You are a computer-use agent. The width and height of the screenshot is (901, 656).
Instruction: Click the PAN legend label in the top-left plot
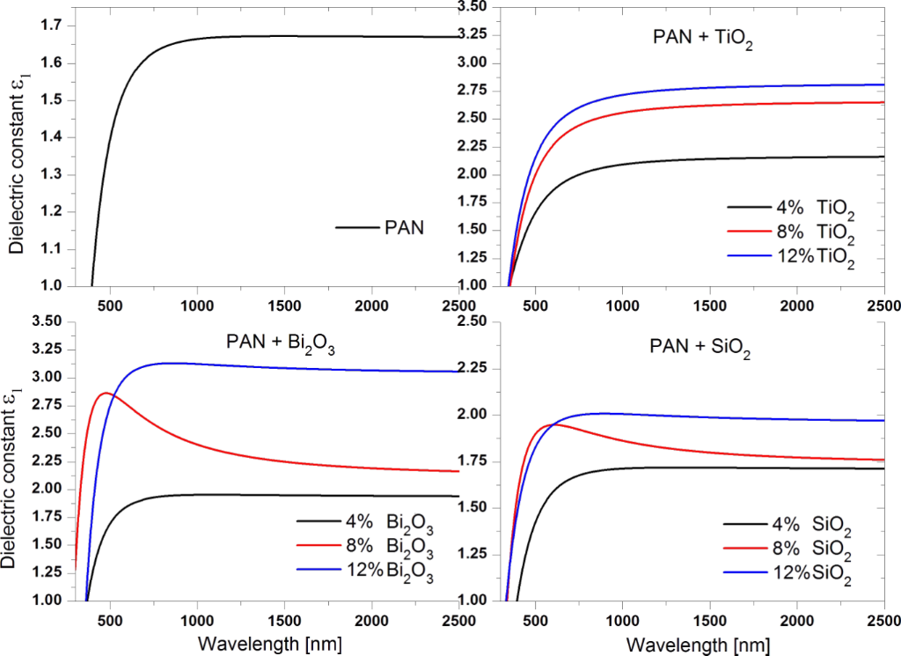point(404,227)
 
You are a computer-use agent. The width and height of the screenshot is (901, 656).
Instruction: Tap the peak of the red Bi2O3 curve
point(106,393)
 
